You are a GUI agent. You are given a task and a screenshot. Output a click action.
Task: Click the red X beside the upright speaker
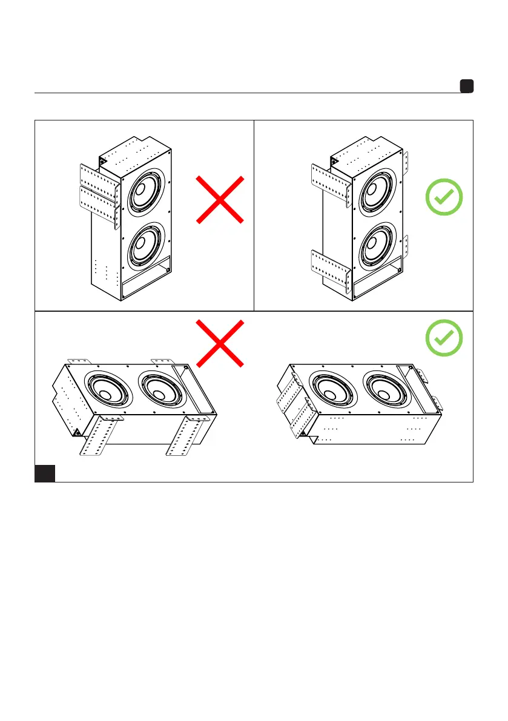(x=220, y=200)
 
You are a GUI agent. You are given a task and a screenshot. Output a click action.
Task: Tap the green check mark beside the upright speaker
(x=444, y=198)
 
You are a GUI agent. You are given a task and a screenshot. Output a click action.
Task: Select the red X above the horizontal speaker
(x=220, y=343)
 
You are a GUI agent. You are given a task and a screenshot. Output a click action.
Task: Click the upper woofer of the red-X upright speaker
(x=141, y=189)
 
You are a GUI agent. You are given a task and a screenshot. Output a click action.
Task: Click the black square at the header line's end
(x=466, y=86)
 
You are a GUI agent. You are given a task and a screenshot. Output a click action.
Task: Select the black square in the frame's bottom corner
(x=45, y=473)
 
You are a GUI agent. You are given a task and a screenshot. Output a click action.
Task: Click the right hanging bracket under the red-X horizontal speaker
(x=184, y=436)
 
